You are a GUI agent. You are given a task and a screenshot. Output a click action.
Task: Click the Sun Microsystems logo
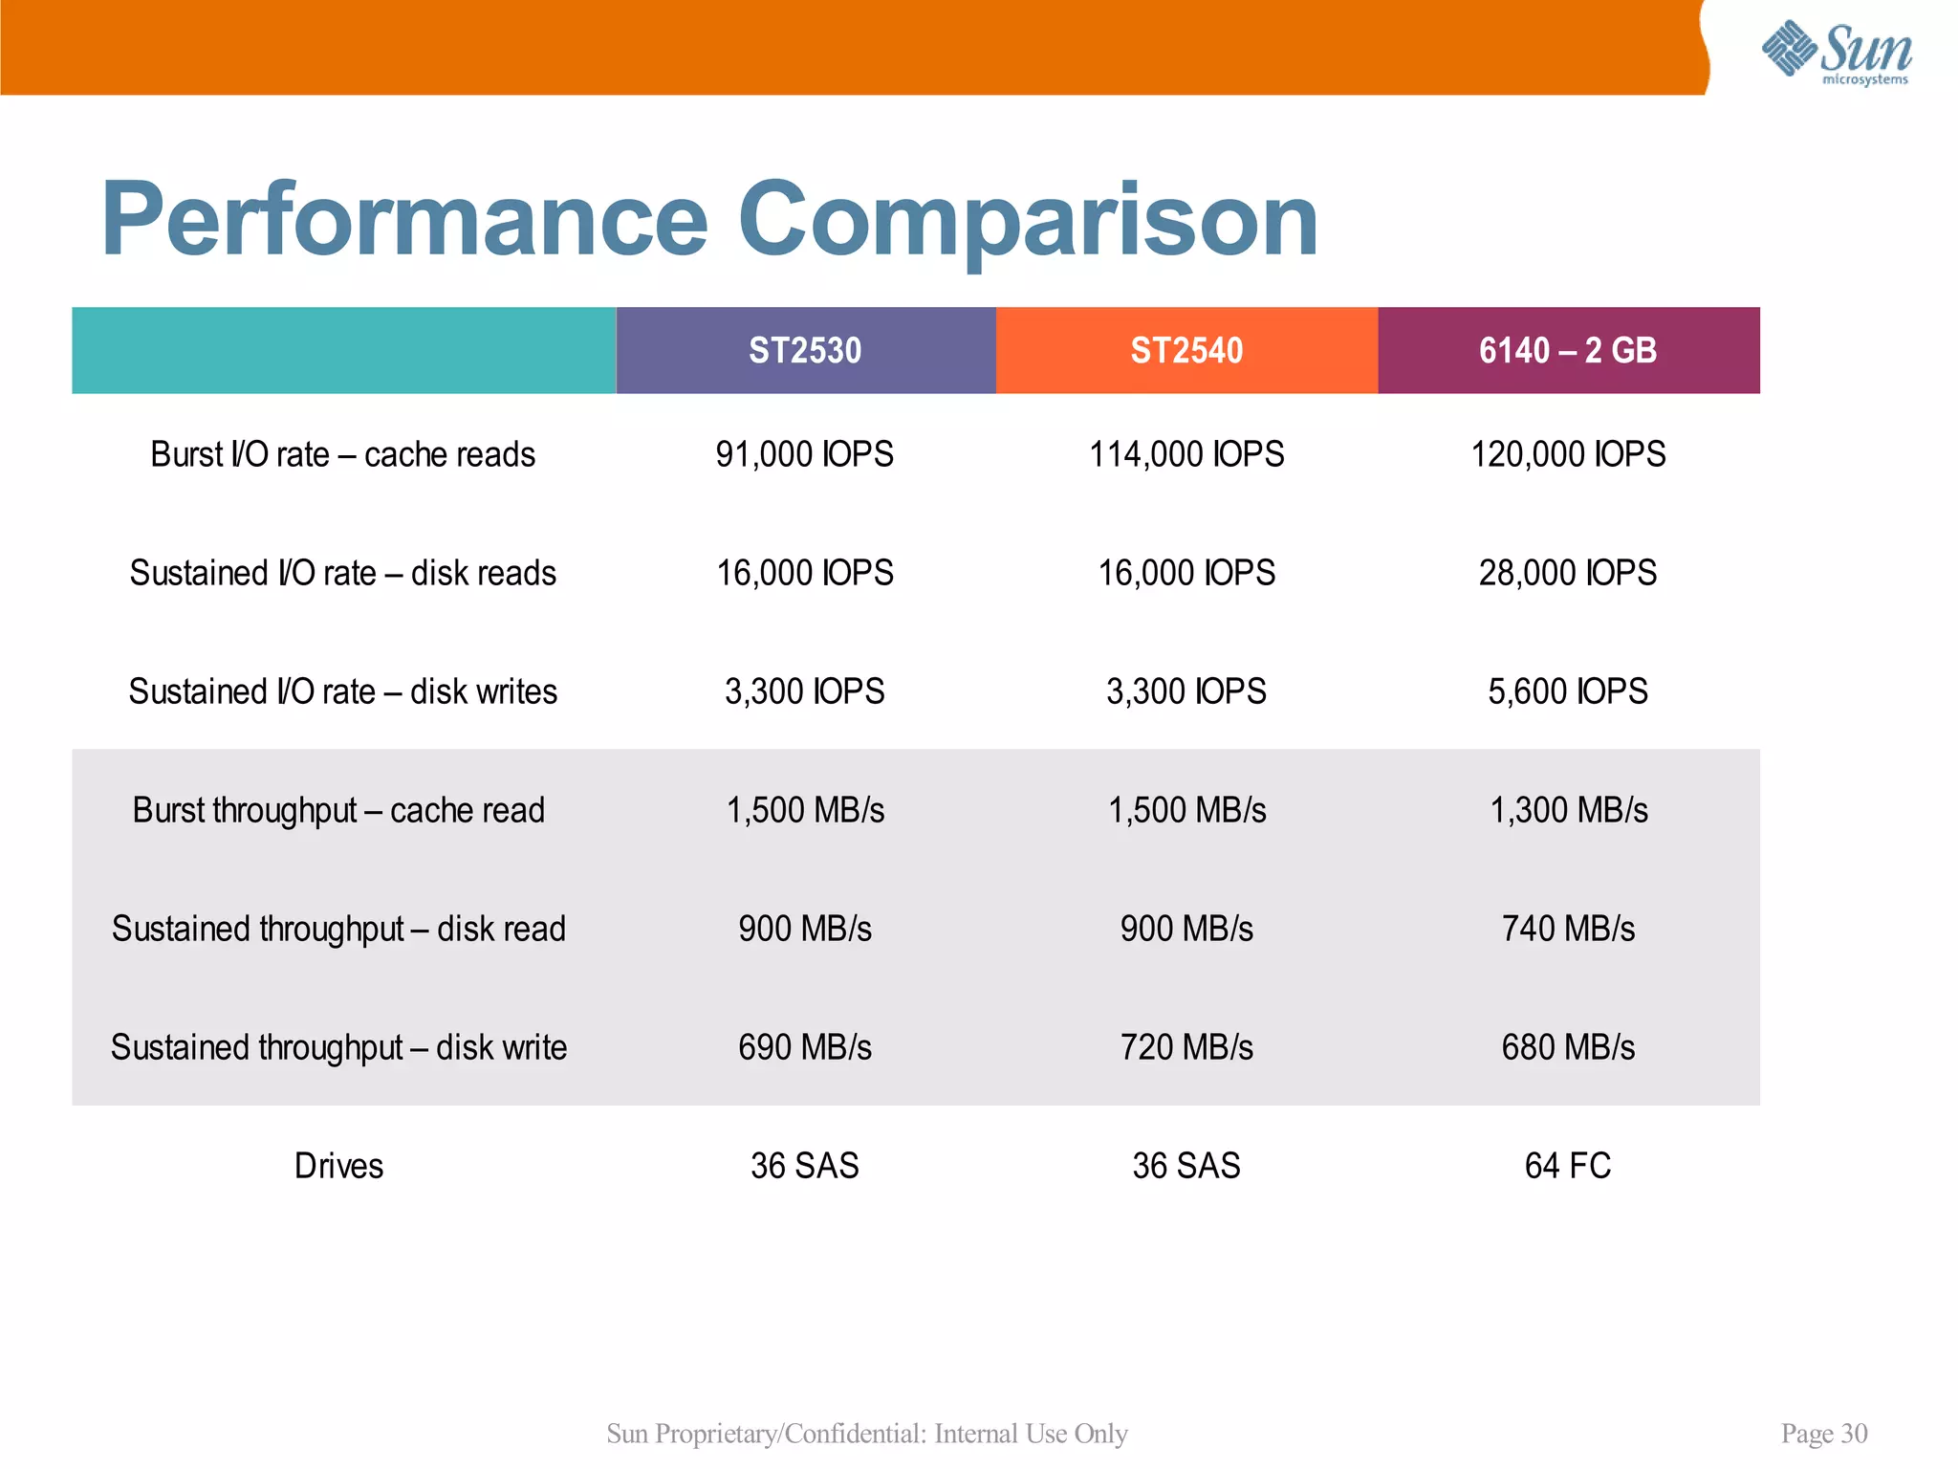click(1836, 53)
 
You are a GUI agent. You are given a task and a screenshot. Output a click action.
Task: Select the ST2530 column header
click(805, 350)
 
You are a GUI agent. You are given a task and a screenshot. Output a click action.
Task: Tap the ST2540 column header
click(1186, 350)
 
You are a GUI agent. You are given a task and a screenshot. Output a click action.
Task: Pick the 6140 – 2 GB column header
click(1568, 350)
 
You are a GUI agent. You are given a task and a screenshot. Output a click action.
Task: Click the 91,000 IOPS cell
click(805, 454)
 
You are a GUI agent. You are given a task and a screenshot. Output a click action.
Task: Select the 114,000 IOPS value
click(1186, 454)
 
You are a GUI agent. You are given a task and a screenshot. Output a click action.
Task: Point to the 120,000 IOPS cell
click(1568, 454)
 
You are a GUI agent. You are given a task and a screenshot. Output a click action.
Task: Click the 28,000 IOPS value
click(1568, 573)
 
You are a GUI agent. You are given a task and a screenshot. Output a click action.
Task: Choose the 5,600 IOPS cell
click(1568, 691)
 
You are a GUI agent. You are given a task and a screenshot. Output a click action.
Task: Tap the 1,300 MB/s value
click(1568, 810)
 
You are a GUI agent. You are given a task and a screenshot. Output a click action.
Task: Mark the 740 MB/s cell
click(1568, 929)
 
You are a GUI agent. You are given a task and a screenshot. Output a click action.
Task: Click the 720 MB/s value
click(1186, 1047)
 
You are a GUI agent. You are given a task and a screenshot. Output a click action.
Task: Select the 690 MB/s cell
click(805, 1047)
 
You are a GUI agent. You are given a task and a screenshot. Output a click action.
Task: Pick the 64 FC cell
click(1568, 1166)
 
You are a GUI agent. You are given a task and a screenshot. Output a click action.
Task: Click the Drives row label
click(338, 1166)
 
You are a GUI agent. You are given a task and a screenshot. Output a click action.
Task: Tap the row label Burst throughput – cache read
click(338, 810)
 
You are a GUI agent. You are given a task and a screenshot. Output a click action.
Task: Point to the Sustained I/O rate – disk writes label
click(342, 691)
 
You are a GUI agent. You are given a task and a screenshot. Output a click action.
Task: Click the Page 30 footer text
click(1823, 1433)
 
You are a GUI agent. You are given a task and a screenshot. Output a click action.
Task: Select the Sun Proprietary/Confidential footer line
click(867, 1433)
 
